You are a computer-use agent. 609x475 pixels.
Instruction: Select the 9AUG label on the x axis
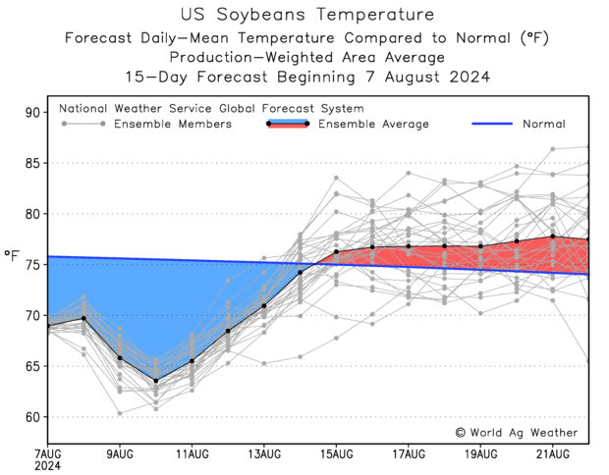pos(120,453)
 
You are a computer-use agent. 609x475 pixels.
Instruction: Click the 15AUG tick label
pos(336,453)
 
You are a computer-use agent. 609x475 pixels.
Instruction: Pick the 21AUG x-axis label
pos(553,453)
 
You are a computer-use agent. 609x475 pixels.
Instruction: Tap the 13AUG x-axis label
pos(264,453)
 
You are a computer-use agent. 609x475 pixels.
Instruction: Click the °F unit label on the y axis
pos(12,257)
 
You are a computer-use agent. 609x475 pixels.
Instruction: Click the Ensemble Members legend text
pos(173,124)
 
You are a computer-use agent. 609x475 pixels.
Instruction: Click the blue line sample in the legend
pos(506,124)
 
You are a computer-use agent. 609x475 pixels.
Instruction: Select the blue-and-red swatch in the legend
pos(288,124)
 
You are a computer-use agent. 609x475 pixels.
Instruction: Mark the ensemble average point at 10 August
pos(155,381)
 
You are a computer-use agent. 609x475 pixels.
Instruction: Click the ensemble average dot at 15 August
pos(336,252)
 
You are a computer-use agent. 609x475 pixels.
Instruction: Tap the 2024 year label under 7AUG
pos(47,465)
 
